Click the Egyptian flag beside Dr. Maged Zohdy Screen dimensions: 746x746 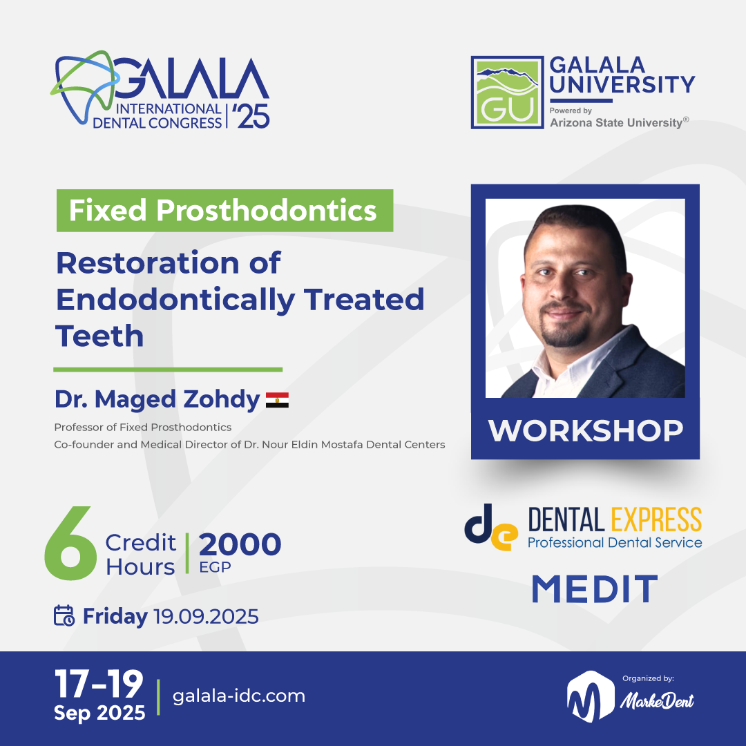(x=277, y=400)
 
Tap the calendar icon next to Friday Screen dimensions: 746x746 (x=64, y=615)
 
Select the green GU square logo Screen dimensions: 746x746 (x=506, y=92)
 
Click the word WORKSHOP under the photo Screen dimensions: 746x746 (x=585, y=430)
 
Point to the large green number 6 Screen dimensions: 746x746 (x=70, y=546)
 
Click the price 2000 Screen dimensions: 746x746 (x=240, y=545)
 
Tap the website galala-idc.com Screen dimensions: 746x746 (x=238, y=696)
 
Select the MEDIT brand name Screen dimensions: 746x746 (x=594, y=589)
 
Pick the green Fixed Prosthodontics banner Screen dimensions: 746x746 (x=224, y=211)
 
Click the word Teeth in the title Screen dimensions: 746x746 (x=99, y=336)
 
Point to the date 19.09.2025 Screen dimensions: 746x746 (x=206, y=615)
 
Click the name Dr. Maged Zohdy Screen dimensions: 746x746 (x=157, y=399)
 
